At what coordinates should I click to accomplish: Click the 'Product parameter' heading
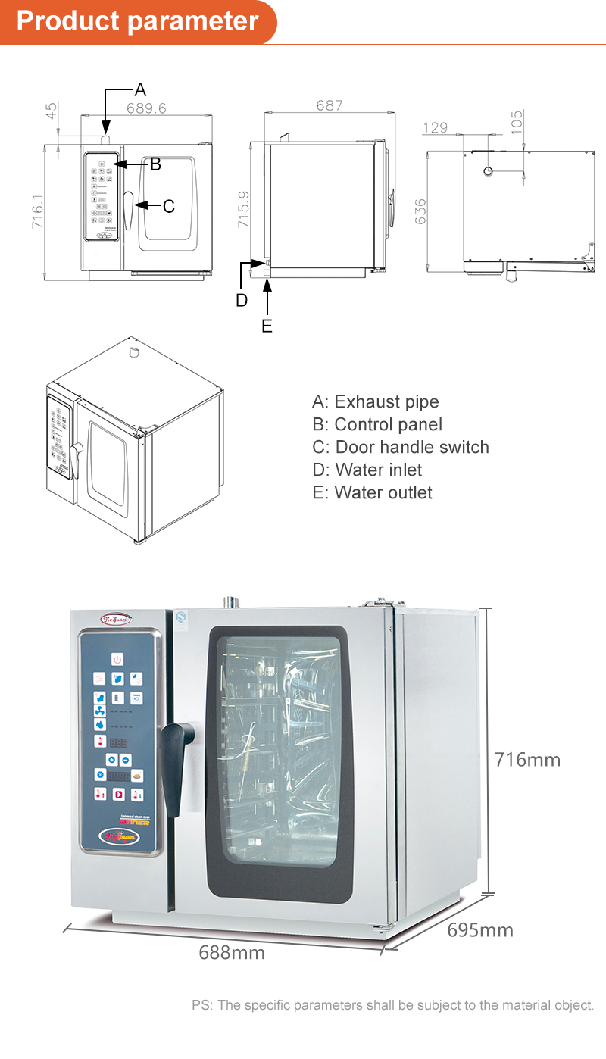(137, 20)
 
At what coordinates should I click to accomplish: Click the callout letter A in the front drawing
(140, 90)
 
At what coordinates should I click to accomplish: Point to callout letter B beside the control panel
(155, 164)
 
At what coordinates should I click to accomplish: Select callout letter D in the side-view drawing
(242, 300)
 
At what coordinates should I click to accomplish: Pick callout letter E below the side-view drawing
(267, 326)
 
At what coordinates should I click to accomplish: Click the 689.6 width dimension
(146, 108)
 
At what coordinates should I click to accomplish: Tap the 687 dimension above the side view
(330, 105)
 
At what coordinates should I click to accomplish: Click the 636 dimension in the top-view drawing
(421, 211)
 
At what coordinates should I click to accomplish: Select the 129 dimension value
(436, 128)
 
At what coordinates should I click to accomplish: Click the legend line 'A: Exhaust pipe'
(375, 401)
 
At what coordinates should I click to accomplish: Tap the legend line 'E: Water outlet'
(372, 492)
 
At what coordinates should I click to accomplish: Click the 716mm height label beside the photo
(527, 759)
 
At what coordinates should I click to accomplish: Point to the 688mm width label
(232, 952)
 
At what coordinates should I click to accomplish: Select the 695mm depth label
(479, 929)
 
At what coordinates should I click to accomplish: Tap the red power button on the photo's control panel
(117, 659)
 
